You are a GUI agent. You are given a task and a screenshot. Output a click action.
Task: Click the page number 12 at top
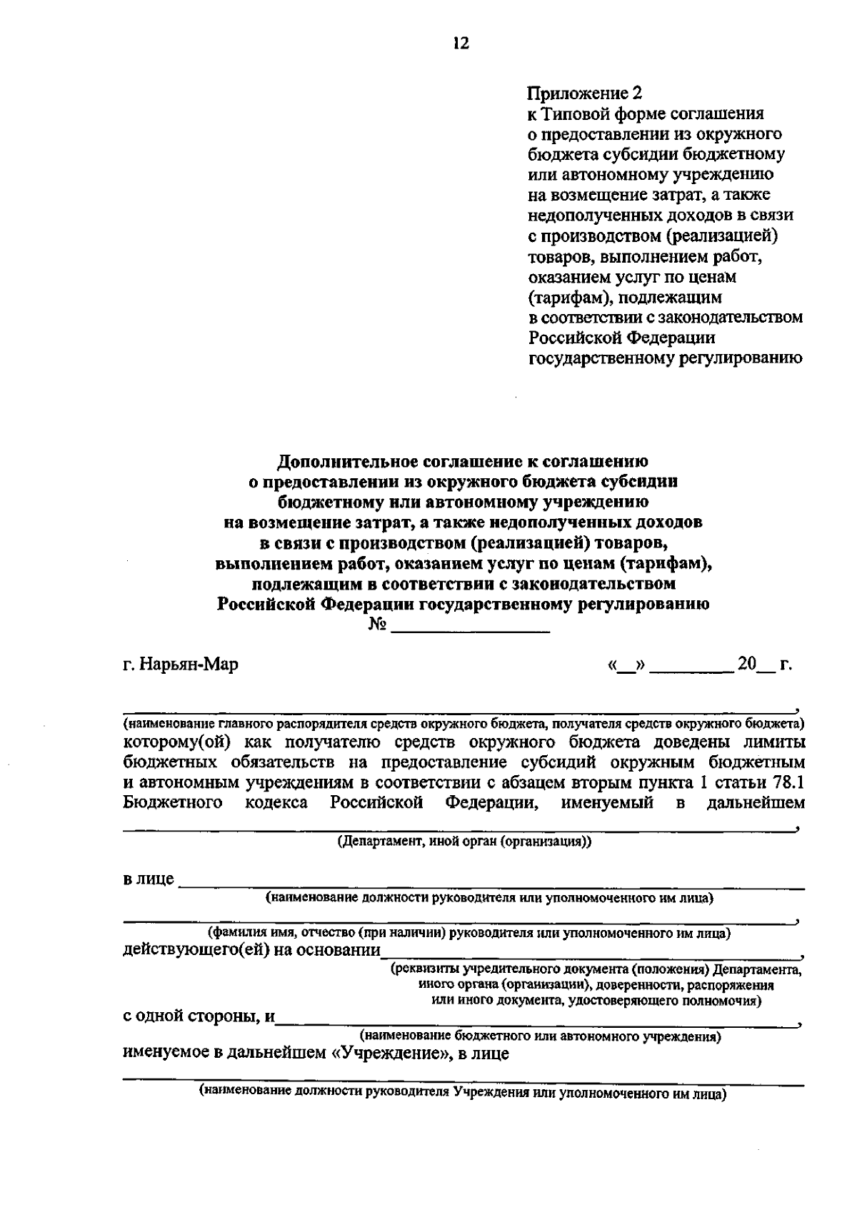point(461,44)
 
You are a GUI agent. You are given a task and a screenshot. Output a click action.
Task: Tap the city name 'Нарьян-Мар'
point(189,665)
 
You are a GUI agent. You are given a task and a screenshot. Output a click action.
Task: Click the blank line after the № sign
point(471,630)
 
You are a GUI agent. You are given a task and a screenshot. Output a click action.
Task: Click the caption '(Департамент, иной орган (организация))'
point(464,841)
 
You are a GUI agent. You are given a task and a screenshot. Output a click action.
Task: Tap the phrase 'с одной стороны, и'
point(198,1016)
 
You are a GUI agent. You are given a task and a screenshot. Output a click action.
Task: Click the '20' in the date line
point(747,665)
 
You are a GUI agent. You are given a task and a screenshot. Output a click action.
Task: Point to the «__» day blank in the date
point(626,665)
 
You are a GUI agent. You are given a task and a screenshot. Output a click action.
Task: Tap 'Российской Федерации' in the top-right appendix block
point(621,337)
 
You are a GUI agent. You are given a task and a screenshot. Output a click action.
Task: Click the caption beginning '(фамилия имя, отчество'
point(468,933)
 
